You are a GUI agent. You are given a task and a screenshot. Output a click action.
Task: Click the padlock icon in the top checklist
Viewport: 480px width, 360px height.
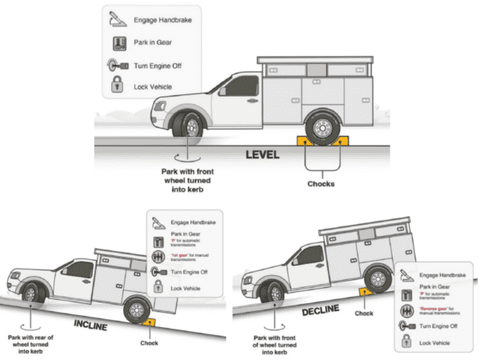tap(117, 86)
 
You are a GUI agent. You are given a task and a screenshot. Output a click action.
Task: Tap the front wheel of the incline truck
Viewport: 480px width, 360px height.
tap(30, 293)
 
